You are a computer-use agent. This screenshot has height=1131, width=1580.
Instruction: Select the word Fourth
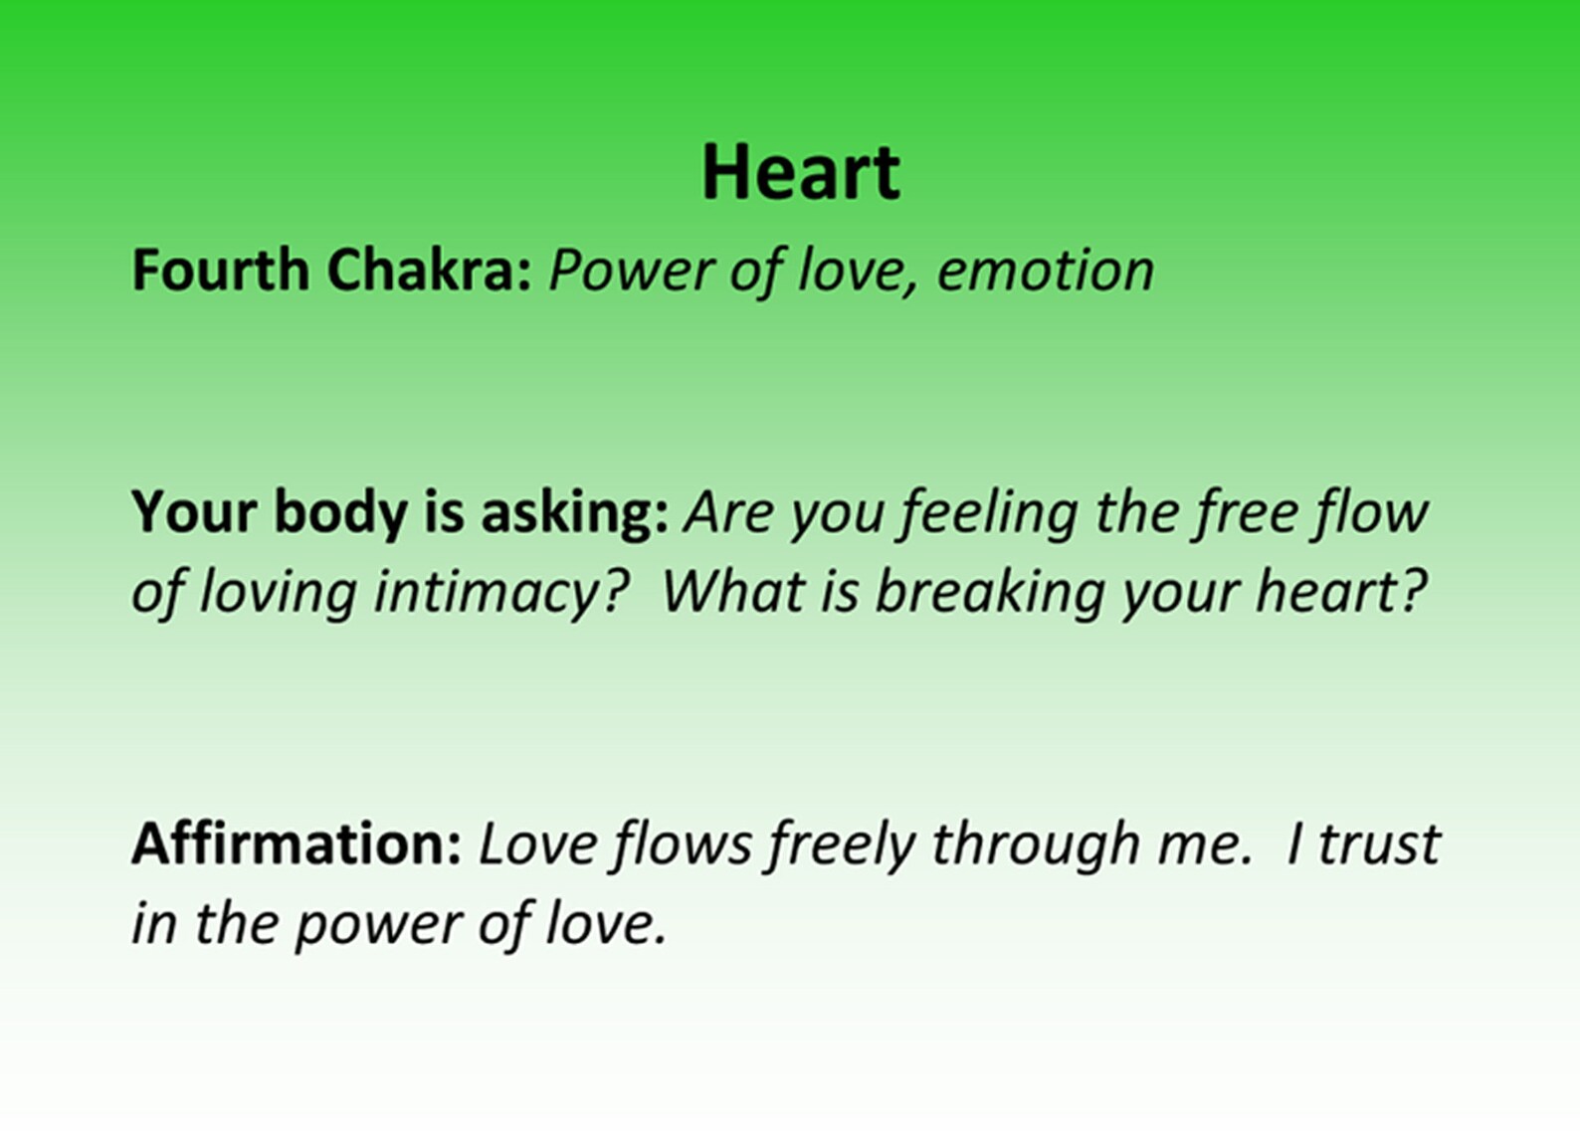[221, 270]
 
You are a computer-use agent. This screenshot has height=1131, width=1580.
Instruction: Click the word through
[1036, 845]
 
